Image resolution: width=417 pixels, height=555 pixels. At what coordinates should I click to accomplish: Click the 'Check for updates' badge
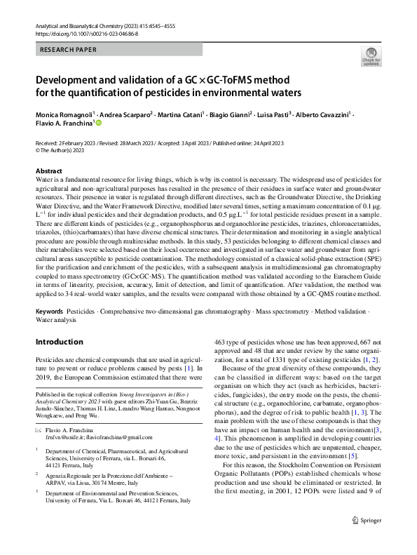pyautogui.click(x=371, y=55)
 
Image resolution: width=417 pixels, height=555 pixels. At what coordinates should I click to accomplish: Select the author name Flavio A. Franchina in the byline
pyautogui.click(x=62, y=123)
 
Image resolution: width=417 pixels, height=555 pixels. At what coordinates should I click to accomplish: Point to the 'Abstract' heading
pyautogui.click(x=48, y=171)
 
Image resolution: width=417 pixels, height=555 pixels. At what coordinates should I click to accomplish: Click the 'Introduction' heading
pyautogui.click(x=59, y=342)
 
